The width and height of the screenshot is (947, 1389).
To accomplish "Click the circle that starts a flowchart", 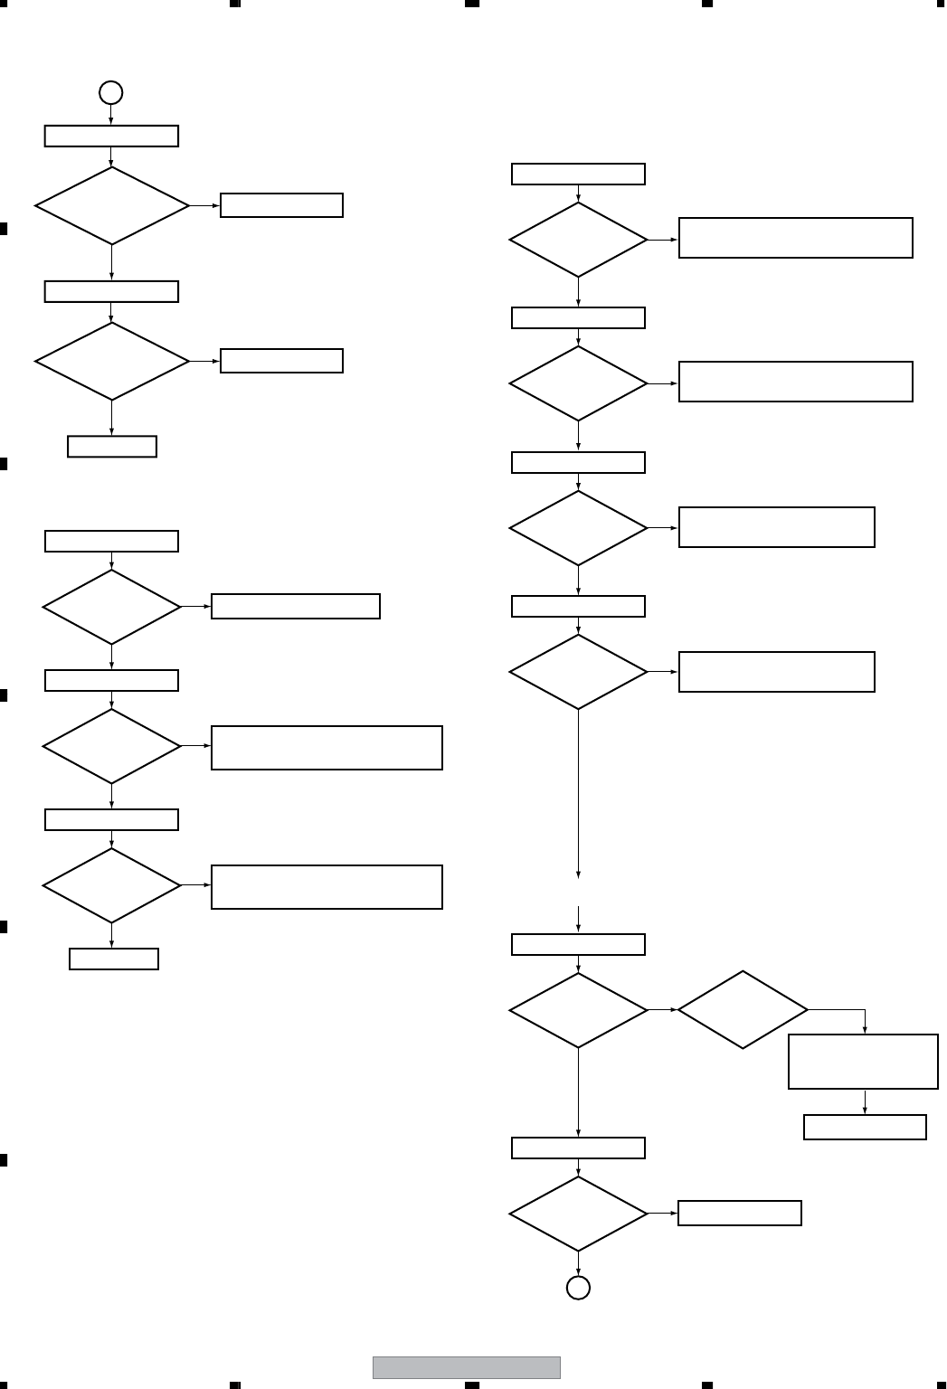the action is point(110,92).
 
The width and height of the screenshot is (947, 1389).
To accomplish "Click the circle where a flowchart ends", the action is point(578,1287).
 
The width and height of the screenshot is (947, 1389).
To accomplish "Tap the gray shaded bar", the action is point(467,1366).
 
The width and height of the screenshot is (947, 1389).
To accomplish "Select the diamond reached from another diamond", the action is point(743,1009).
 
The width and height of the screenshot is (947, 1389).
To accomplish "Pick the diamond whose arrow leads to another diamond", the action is point(578,1009).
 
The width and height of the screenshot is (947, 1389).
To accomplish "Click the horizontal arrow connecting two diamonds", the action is point(663,1009).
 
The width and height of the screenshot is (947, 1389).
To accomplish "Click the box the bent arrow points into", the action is point(863,1061).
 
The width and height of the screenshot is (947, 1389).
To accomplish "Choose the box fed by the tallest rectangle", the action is point(865,1127).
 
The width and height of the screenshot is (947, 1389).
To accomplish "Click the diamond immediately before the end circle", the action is point(578,1214).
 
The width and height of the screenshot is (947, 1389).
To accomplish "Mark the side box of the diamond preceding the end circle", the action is point(739,1213).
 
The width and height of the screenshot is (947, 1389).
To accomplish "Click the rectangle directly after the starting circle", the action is point(111,136).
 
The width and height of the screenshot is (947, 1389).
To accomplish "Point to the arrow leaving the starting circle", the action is point(110,115).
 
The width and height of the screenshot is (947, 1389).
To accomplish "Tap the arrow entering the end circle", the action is point(578,1264).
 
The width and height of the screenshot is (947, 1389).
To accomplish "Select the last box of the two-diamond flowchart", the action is point(112,447).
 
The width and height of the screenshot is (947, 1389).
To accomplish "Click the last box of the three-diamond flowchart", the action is point(114,959).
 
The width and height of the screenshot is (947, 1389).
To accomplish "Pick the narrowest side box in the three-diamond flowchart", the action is point(295,606).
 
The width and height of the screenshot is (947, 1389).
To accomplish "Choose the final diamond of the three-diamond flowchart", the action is point(111,885).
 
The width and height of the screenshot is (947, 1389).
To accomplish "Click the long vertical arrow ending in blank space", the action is point(578,792).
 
